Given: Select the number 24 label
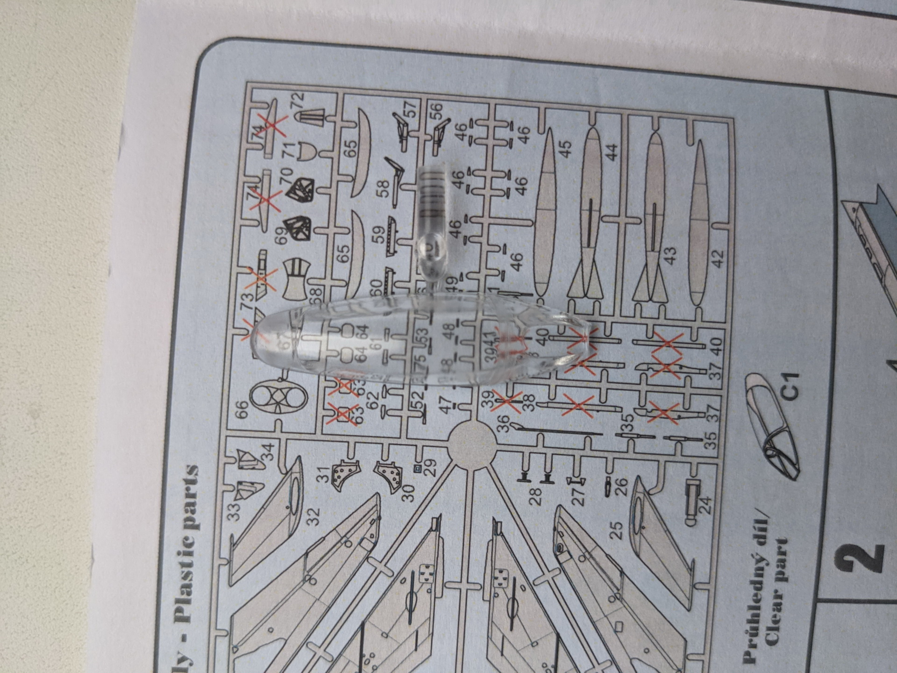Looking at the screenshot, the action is click(x=706, y=505).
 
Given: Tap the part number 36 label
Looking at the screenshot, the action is click(x=503, y=424).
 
